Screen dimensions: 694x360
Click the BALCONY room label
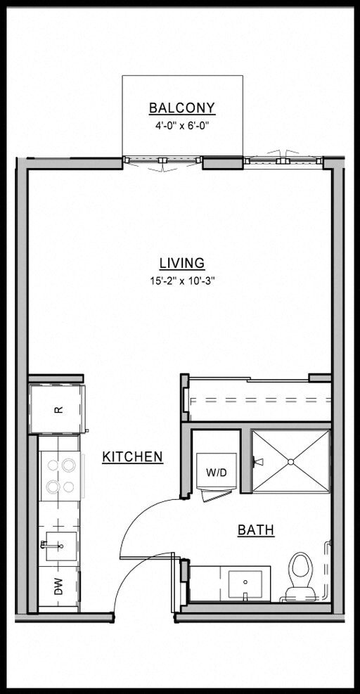click(x=181, y=108)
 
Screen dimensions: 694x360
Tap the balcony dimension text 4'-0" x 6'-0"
click(x=181, y=126)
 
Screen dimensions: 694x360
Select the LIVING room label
click(x=181, y=264)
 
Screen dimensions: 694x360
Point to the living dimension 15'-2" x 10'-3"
click(x=181, y=281)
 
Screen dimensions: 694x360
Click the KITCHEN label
click(x=132, y=457)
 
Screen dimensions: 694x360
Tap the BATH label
click(x=255, y=530)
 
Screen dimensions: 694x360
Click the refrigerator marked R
click(x=58, y=409)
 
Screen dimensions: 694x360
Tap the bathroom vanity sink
click(x=245, y=584)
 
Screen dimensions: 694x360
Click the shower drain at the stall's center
click(x=290, y=461)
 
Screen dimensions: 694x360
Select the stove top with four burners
click(x=60, y=475)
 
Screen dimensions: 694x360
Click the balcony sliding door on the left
click(x=162, y=161)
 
